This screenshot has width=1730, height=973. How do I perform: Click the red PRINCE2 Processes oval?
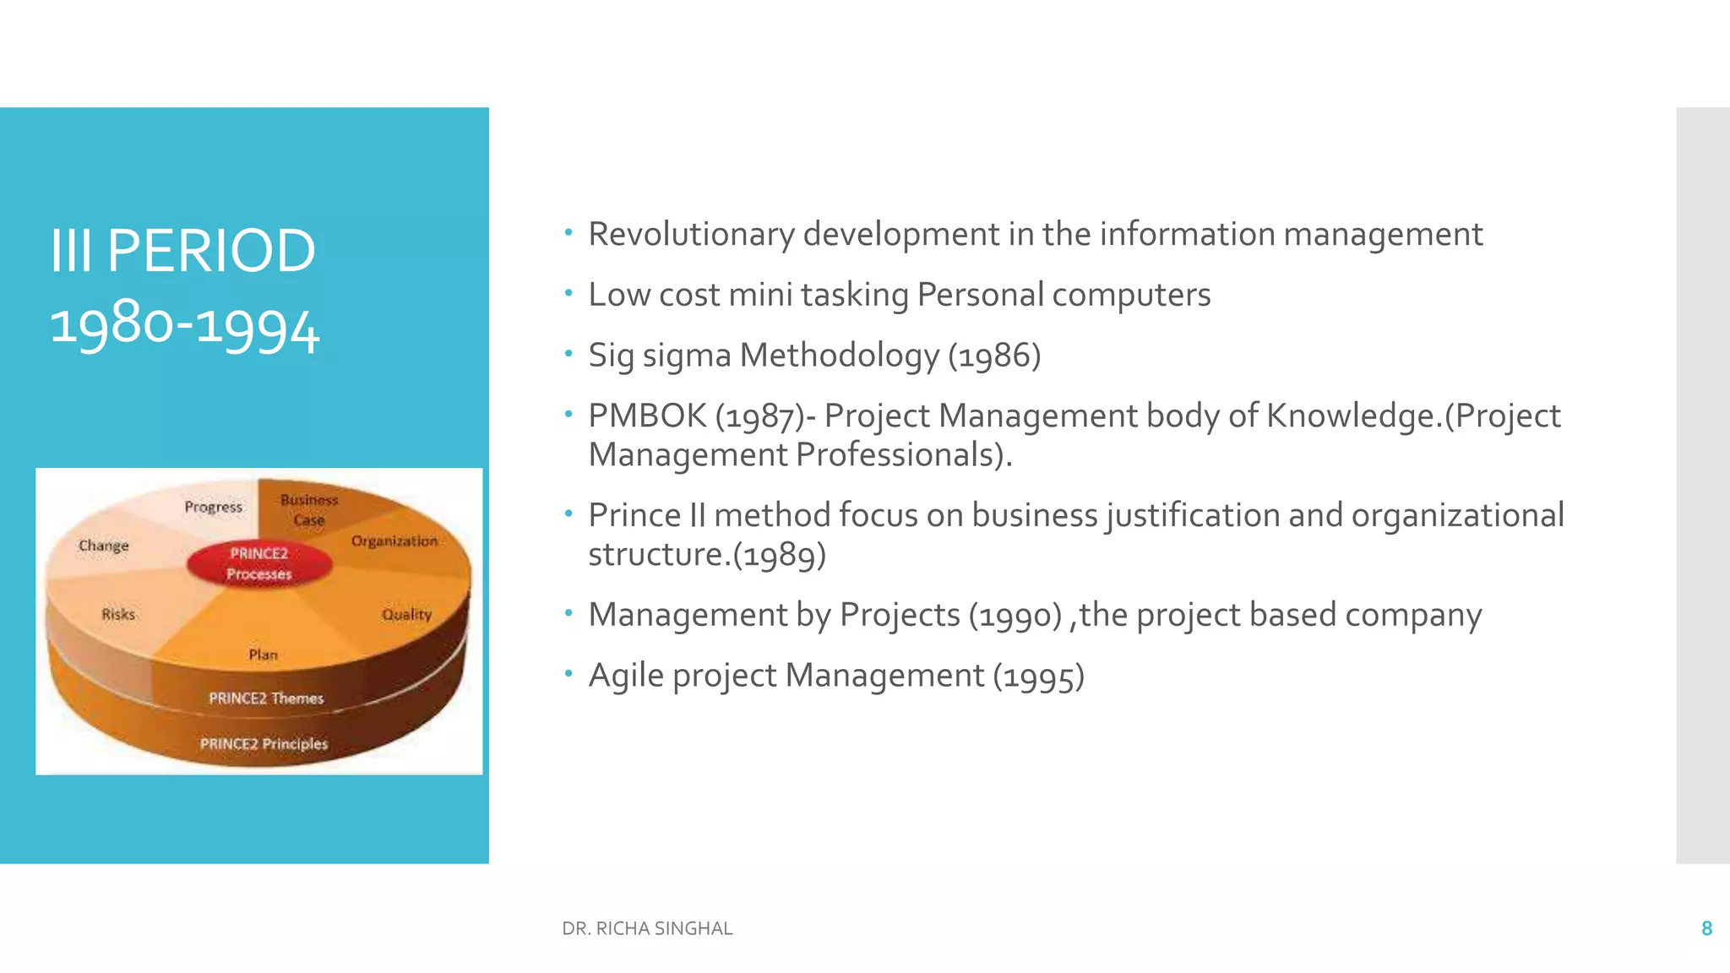(x=259, y=563)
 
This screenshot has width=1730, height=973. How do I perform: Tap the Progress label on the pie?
(x=213, y=507)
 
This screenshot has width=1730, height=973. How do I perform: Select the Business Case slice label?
(x=309, y=510)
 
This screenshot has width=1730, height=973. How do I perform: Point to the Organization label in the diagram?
(x=394, y=541)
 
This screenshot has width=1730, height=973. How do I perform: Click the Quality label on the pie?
(x=406, y=614)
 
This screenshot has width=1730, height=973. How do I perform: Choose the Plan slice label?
(x=263, y=655)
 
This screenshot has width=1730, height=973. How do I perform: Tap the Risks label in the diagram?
(x=118, y=614)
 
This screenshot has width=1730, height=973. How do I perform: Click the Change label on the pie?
(x=104, y=546)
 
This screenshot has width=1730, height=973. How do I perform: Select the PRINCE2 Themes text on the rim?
(x=266, y=698)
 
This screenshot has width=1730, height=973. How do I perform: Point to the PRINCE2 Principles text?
(x=264, y=744)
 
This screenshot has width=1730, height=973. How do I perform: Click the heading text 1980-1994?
(x=185, y=326)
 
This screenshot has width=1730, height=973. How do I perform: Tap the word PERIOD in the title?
(x=211, y=251)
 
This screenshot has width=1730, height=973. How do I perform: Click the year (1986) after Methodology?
(x=994, y=356)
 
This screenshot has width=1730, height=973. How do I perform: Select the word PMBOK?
(x=647, y=416)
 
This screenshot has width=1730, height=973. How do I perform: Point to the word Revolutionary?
(x=691, y=234)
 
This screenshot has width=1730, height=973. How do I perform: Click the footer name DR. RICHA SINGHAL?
(x=647, y=928)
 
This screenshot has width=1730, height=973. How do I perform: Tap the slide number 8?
(x=1706, y=928)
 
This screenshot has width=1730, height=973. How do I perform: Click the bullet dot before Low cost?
(x=569, y=293)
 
